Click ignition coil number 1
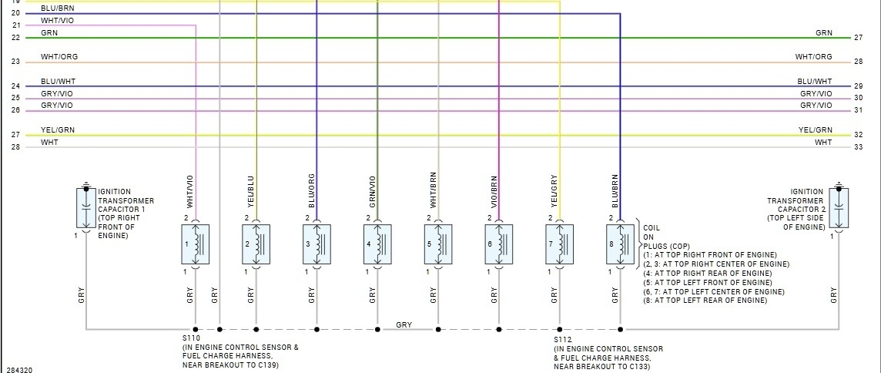click(196, 244)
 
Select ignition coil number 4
click(377, 244)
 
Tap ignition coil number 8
click(620, 244)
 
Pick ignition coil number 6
click(499, 244)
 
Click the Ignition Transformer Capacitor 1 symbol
click(85, 206)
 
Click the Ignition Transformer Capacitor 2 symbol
click(838, 206)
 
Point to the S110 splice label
click(190, 338)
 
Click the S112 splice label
click(563, 338)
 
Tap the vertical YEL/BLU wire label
click(250, 191)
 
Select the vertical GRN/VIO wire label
click(372, 191)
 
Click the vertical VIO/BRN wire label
click(494, 191)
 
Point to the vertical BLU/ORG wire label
click(311, 191)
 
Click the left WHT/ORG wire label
click(59, 57)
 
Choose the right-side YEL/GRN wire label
click(815, 129)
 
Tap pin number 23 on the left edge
click(15, 62)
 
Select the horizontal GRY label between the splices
click(404, 324)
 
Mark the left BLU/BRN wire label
click(58, 8)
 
